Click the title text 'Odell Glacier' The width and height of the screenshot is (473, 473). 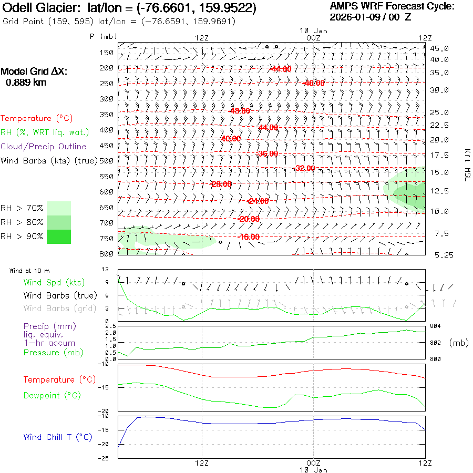(37, 8)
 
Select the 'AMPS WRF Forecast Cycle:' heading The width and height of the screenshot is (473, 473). (392, 6)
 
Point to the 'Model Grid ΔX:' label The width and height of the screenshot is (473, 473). (34, 71)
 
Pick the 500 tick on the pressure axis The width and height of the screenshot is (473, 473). (107, 161)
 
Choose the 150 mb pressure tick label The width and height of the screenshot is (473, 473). (107, 53)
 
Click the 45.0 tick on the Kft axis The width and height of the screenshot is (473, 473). (439, 48)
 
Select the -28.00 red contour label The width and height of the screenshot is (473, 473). (221, 184)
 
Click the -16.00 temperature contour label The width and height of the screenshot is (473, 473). (249, 237)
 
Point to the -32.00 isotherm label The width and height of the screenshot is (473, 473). (305, 168)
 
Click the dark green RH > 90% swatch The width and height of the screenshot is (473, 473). (59, 236)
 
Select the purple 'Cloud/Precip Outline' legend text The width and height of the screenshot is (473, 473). (44, 147)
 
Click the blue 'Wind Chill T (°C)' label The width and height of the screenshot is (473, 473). (58, 437)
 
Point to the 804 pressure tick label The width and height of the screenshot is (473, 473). (436, 326)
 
